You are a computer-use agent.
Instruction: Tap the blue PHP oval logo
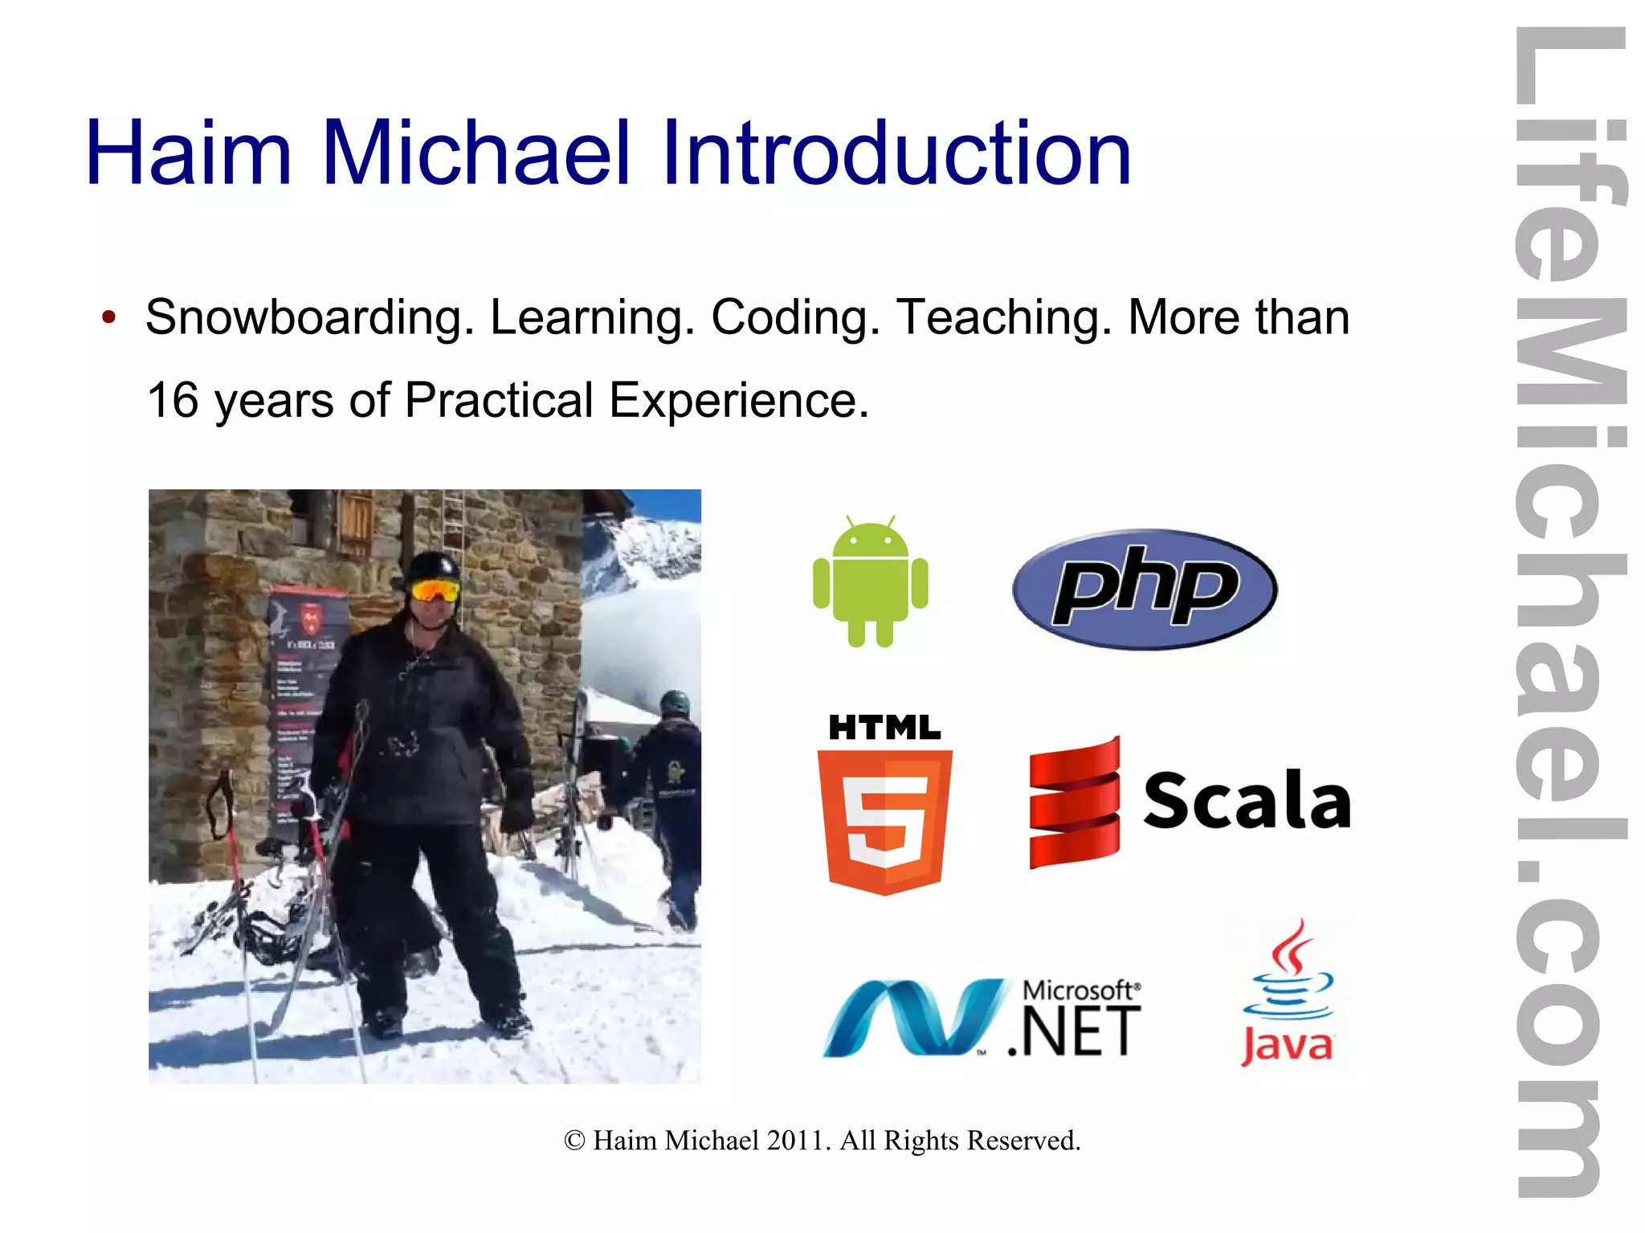click(x=1144, y=588)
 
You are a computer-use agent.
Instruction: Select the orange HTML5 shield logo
click(x=884, y=820)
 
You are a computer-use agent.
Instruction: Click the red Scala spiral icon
click(x=1074, y=803)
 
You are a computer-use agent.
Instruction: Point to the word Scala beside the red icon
click(x=1247, y=800)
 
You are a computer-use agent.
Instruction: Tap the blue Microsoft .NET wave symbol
click(x=912, y=1016)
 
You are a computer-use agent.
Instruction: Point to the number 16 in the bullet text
click(x=173, y=400)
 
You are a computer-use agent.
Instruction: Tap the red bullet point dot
click(x=109, y=317)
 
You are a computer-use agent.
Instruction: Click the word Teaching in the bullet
click(x=1004, y=317)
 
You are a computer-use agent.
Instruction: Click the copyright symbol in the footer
click(x=574, y=1141)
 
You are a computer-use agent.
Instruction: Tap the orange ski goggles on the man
click(x=435, y=591)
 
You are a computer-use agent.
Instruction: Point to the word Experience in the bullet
click(x=738, y=400)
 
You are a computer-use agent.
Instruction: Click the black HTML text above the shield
click(x=884, y=728)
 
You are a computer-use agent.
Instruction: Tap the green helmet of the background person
click(x=675, y=703)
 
